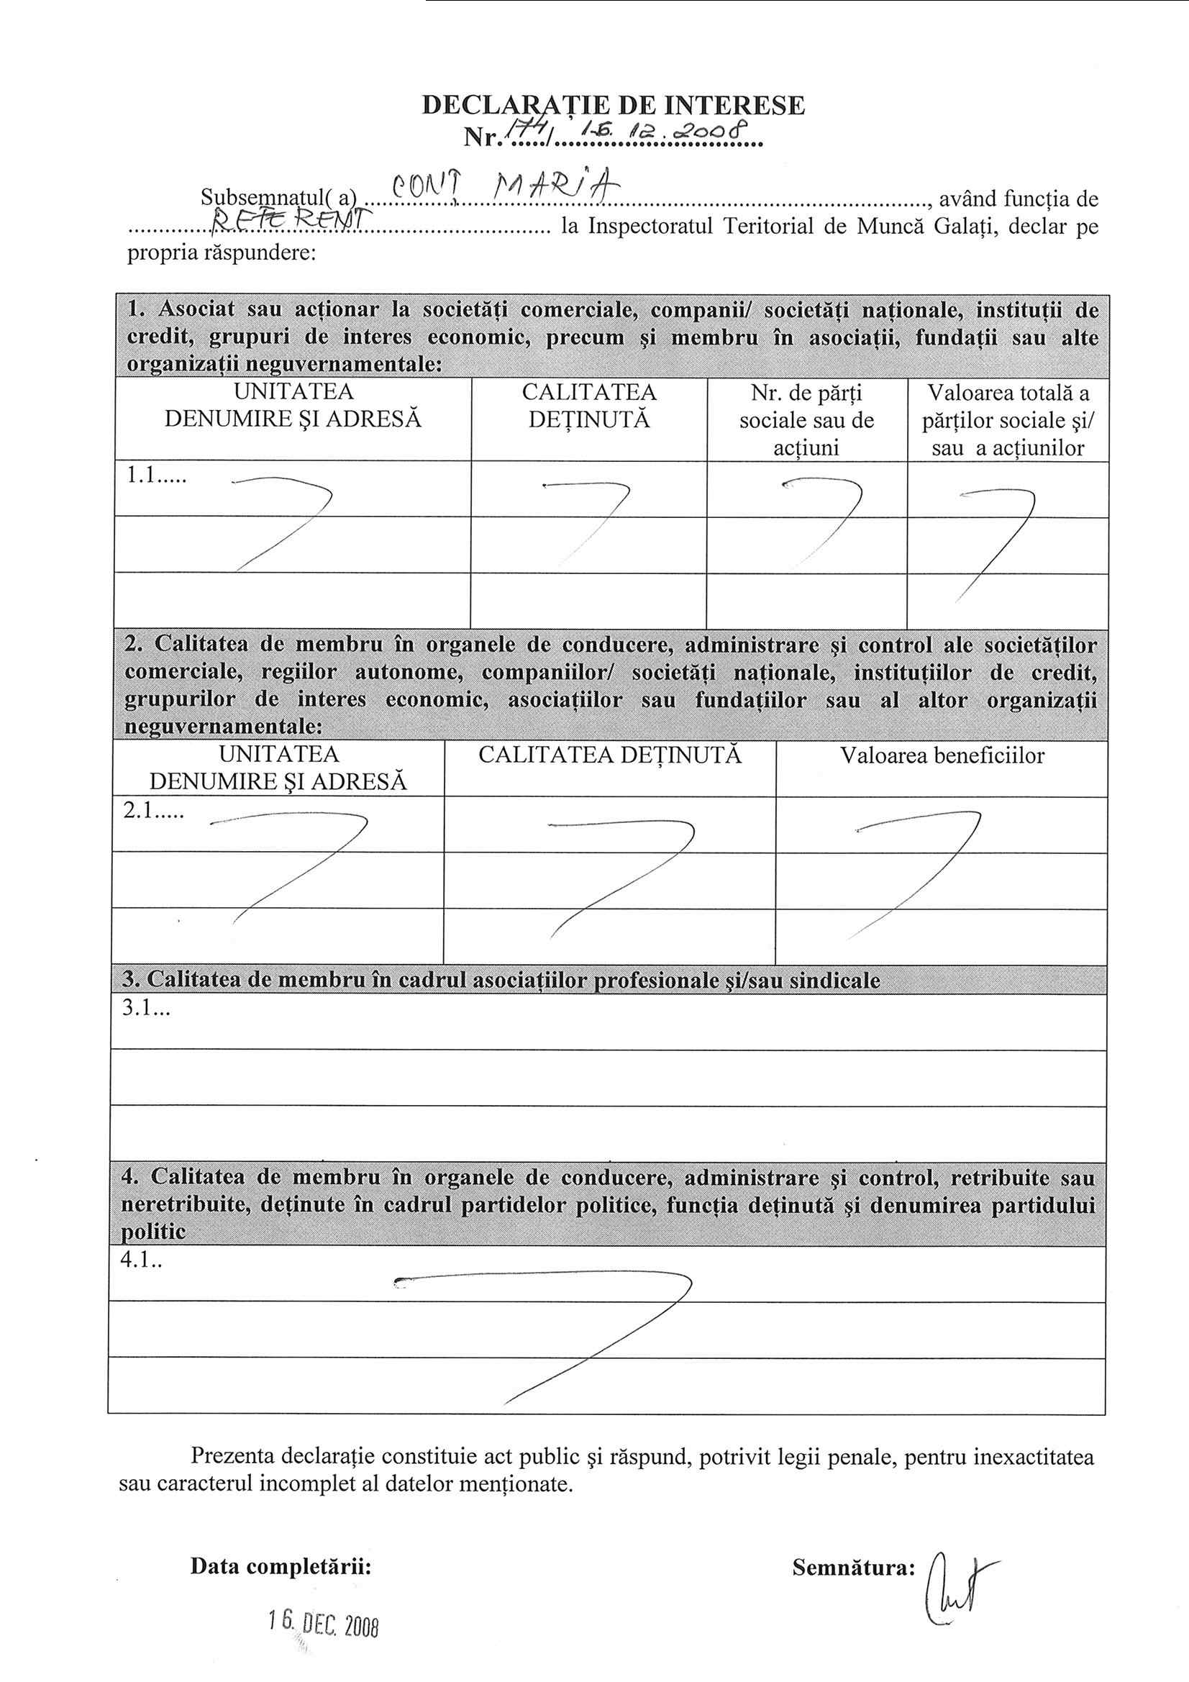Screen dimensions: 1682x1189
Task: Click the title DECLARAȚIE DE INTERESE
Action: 613,106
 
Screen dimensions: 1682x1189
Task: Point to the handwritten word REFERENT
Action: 291,217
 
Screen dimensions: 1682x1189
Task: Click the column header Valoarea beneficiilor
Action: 942,756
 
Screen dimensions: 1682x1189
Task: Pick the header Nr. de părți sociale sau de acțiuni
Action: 806,420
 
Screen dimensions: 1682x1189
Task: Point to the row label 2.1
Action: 153,812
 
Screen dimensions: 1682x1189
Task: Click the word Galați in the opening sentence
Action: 958,227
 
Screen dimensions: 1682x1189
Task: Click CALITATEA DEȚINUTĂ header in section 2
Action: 609,755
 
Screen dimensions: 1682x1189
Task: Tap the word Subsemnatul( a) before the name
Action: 278,198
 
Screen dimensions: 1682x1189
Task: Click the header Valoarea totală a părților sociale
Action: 1008,420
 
